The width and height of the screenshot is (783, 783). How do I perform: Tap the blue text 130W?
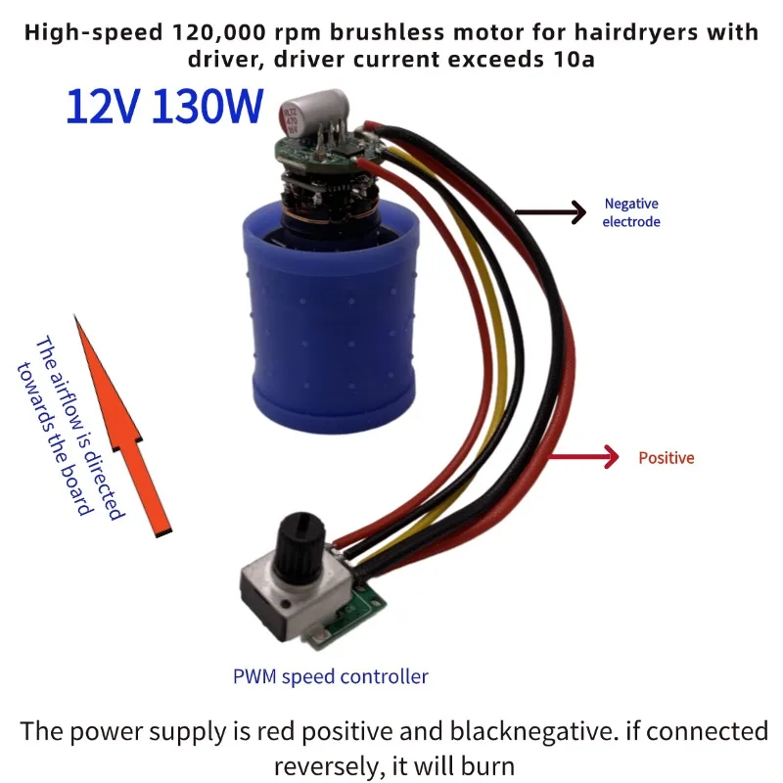click(207, 106)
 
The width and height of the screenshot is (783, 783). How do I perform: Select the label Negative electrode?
click(631, 212)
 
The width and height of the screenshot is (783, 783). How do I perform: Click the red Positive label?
click(667, 458)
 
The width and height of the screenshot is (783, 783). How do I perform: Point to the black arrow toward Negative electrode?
click(550, 212)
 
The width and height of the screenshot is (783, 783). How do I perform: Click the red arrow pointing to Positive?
click(583, 456)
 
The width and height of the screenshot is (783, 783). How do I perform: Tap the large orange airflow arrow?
click(122, 426)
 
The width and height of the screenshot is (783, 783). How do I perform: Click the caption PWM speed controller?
click(331, 676)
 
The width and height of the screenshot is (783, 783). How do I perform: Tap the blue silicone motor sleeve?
click(330, 320)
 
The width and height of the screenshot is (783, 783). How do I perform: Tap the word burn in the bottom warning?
click(486, 765)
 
